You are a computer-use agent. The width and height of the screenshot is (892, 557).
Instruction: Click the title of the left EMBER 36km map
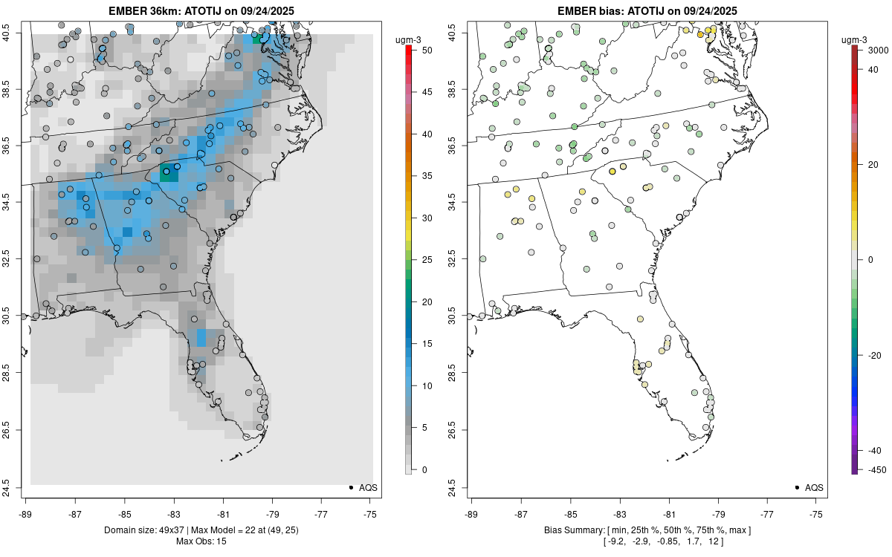pos(201,10)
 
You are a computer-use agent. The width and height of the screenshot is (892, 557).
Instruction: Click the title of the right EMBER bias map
pos(647,10)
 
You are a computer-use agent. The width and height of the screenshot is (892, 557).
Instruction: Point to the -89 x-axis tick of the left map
pos(26,513)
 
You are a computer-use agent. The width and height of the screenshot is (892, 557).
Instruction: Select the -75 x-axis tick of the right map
pos(817,513)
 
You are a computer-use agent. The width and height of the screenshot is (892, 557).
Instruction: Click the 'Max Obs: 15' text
pos(201,541)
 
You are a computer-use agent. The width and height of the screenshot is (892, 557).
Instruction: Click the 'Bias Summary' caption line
pos(647,530)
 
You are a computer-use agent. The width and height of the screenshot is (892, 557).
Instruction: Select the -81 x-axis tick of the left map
pos(223,513)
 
